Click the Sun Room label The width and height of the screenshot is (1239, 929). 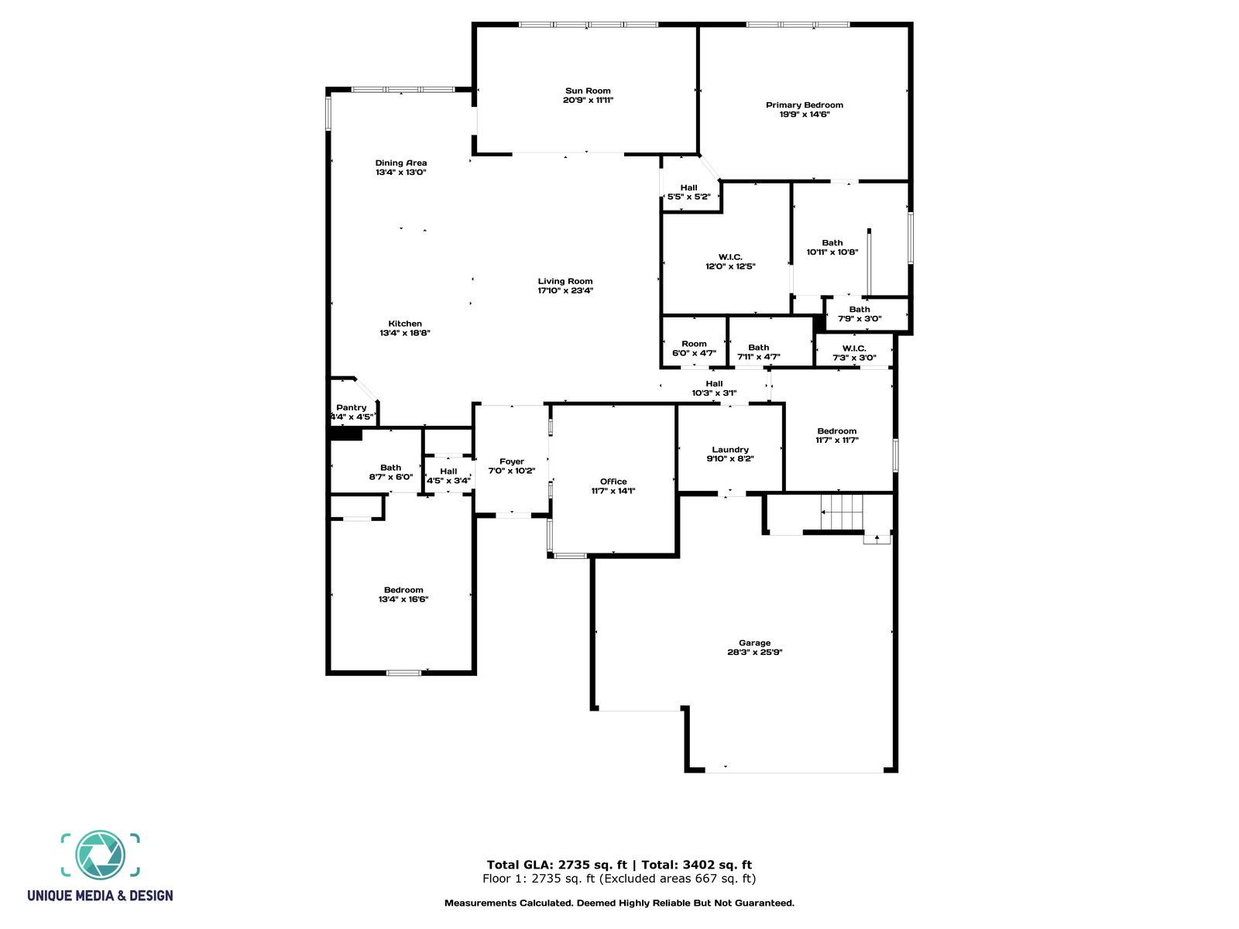[x=588, y=91]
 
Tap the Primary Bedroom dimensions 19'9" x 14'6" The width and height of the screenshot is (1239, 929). [x=805, y=115]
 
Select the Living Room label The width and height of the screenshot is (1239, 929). [x=565, y=281]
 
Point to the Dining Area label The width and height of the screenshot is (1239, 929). [x=401, y=163]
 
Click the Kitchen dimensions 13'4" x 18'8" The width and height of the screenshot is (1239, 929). [x=405, y=333]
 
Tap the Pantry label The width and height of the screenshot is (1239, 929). [x=352, y=407]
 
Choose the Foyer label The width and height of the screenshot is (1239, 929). [x=512, y=461]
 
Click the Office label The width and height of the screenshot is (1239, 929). [x=613, y=482]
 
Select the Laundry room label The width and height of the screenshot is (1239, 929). [x=730, y=449]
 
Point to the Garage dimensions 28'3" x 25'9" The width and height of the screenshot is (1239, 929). [x=755, y=652]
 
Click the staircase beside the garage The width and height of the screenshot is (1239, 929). [x=842, y=512]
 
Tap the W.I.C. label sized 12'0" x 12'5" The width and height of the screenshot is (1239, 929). [x=730, y=257]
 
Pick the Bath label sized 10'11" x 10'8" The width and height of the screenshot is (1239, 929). [x=832, y=242]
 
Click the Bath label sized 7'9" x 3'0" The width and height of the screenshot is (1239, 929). [x=860, y=309]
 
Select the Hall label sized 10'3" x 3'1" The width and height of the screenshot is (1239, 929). [x=714, y=383]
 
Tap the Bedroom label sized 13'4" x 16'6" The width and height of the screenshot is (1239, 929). [x=403, y=590]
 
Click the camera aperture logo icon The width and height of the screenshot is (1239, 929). [x=101, y=855]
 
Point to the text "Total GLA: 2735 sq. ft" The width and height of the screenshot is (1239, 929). [x=557, y=865]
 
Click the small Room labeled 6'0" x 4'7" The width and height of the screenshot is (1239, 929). [x=694, y=344]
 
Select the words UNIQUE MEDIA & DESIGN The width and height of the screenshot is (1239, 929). [x=101, y=896]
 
